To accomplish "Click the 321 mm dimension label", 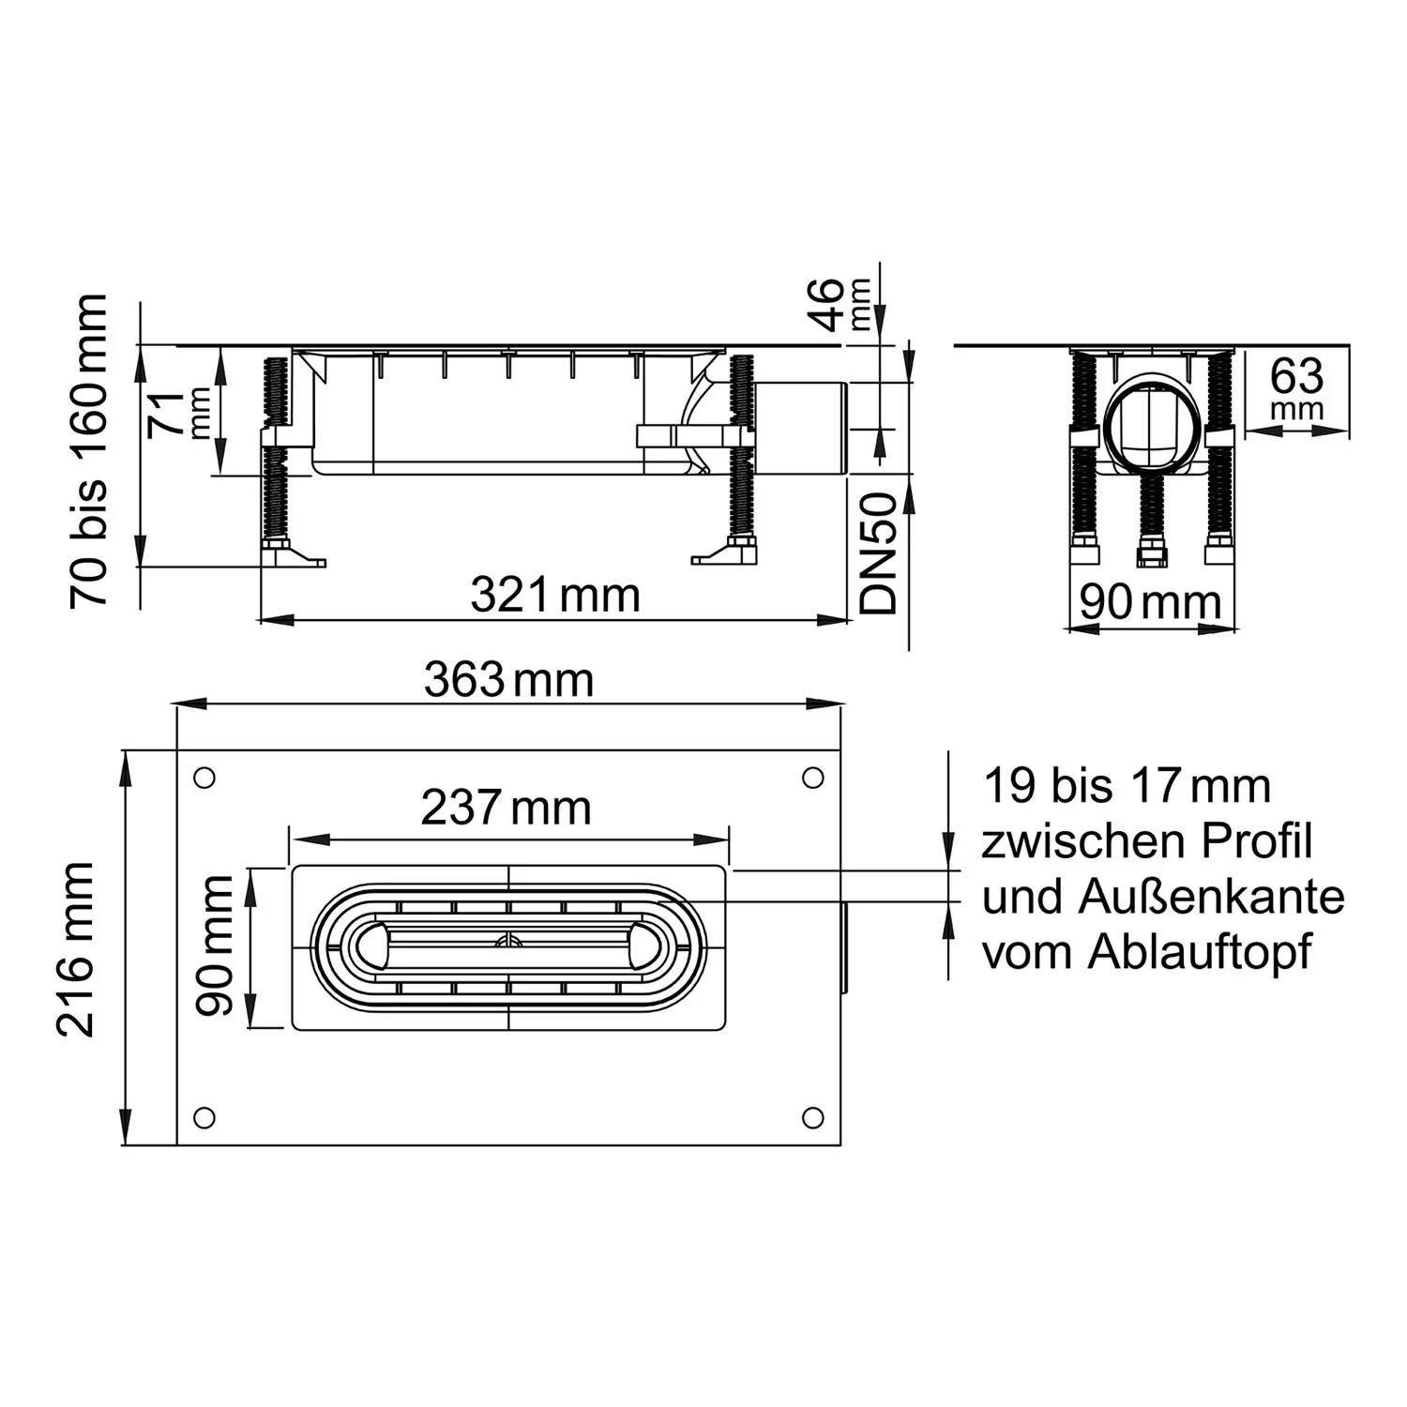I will click(x=554, y=596).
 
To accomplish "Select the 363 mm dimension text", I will click(x=508, y=680).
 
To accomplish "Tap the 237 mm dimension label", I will click(x=506, y=808).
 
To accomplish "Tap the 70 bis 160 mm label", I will click(x=89, y=451).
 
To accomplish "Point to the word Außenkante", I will click(x=1211, y=898).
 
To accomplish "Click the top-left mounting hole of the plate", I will click(x=204, y=778).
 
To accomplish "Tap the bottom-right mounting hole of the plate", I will click(x=813, y=1117).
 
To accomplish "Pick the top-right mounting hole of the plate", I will click(x=813, y=778).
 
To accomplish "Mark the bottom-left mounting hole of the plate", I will click(x=204, y=1117).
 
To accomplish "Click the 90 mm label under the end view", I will click(x=1151, y=602).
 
